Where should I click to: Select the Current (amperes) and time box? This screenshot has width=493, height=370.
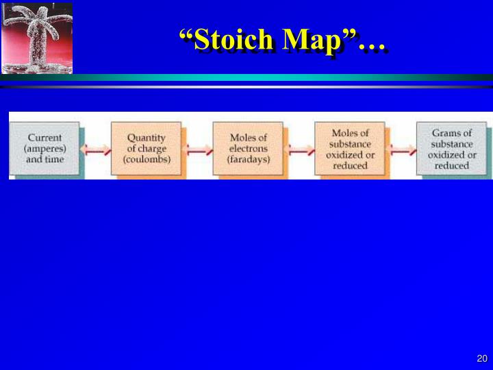click(x=45, y=148)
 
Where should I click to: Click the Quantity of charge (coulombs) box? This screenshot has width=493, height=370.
click(x=147, y=148)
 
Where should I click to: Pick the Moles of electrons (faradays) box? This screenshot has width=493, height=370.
click(x=248, y=148)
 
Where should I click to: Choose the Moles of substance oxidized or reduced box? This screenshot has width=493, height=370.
click(x=350, y=148)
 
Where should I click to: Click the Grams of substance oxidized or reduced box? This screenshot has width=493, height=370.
click(x=451, y=148)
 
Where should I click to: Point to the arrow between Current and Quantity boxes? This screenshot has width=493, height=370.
click(x=95, y=149)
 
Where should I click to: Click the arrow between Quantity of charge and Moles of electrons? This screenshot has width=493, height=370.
click(x=197, y=149)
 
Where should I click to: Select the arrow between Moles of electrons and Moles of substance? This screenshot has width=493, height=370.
click(x=299, y=149)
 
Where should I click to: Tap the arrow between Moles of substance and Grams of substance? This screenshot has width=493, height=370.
click(x=401, y=149)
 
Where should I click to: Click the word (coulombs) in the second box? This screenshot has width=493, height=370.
click(x=147, y=160)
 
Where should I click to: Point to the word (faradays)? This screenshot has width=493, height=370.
click(x=249, y=160)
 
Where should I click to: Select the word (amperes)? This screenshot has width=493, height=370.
click(x=45, y=148)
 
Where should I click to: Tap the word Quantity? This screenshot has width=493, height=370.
click(x=147, y=137)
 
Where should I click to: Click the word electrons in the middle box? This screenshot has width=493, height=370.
click(x=249, y=148)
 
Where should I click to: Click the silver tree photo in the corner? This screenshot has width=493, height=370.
click(x=36, y=38)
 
